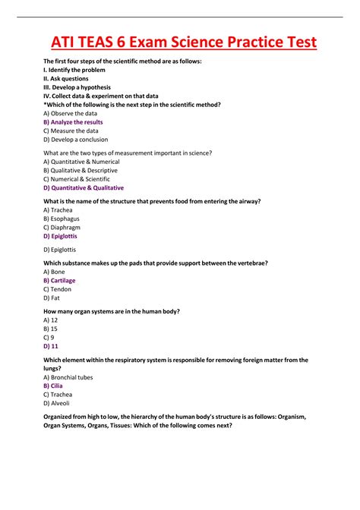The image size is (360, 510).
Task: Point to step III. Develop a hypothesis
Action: pyautogui.click(x=77, y=87)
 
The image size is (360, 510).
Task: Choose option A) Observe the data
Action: pyautogui.click(x=71, y=113)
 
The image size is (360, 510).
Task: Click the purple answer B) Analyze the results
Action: pyautogui.click(x=73, y=122)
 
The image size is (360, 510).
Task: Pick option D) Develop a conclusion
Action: pyautogui.click(x=75, y=140)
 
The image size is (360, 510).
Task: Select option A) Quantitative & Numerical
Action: pyautogui.click(x=81, y=162)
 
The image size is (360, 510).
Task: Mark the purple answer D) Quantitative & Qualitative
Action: pyautogui.click(x=84, y=187)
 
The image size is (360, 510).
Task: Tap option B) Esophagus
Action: pyautogui.click(x=62, y=219)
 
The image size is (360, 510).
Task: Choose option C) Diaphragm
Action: pyautogui.click(x=62, y=227)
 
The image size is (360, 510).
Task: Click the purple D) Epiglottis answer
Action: pyautogui.click(x=60, y=236)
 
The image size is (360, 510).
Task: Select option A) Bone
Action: pyautogui.click(x=54, y=271)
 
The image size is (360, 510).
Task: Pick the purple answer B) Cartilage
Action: pyautogui.click(x=59, y=280)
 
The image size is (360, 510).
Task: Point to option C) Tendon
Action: pyautogui.click(x=57, y=288)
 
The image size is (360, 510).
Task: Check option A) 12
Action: pyautogui.click(x=51, y=320)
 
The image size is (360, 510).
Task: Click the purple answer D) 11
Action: pyautogui.click(x=51, y=345)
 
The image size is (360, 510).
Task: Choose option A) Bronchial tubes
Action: pyautogui.click(x=69, y=376)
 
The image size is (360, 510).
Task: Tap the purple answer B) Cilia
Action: pyautogui.click(x=53, y=386)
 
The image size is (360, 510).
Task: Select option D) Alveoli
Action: pyautogui.click(x=57, y=403)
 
